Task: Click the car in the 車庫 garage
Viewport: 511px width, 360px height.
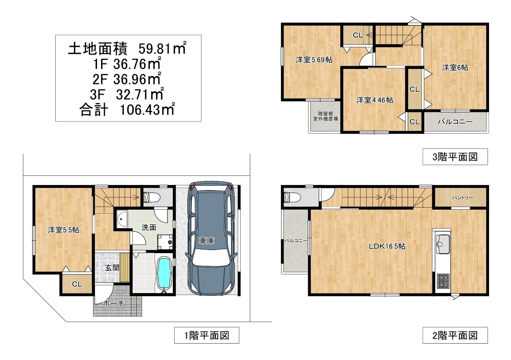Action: [x=210, y=238]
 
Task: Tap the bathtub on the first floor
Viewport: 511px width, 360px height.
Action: [x=164, y=272]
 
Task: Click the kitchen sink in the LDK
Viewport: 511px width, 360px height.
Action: [x=442, y=242]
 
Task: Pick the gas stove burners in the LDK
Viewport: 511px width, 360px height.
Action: [x=443, y=281]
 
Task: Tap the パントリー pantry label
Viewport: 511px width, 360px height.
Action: [x=462, y=198]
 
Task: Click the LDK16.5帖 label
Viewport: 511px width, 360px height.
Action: [x=387, y=246]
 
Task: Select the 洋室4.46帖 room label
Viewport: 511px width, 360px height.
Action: [x=375, y=100]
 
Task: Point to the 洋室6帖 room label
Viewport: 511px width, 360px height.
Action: [x=455, y=67]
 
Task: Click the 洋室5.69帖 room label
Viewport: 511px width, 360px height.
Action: [x=314, y=60]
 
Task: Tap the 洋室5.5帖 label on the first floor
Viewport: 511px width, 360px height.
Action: [x=63, y=230]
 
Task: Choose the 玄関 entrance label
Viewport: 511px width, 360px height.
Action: [x=112, y=268]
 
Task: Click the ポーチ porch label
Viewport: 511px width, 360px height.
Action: [x=113, y=303]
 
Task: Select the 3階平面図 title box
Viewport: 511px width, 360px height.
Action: [x=455, y=157]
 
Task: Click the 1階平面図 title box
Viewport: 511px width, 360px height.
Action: [x=206, y=335]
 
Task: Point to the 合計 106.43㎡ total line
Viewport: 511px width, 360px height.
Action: [x=127, y=109]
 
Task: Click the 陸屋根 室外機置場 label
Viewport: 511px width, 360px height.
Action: [x=325, y=116]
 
